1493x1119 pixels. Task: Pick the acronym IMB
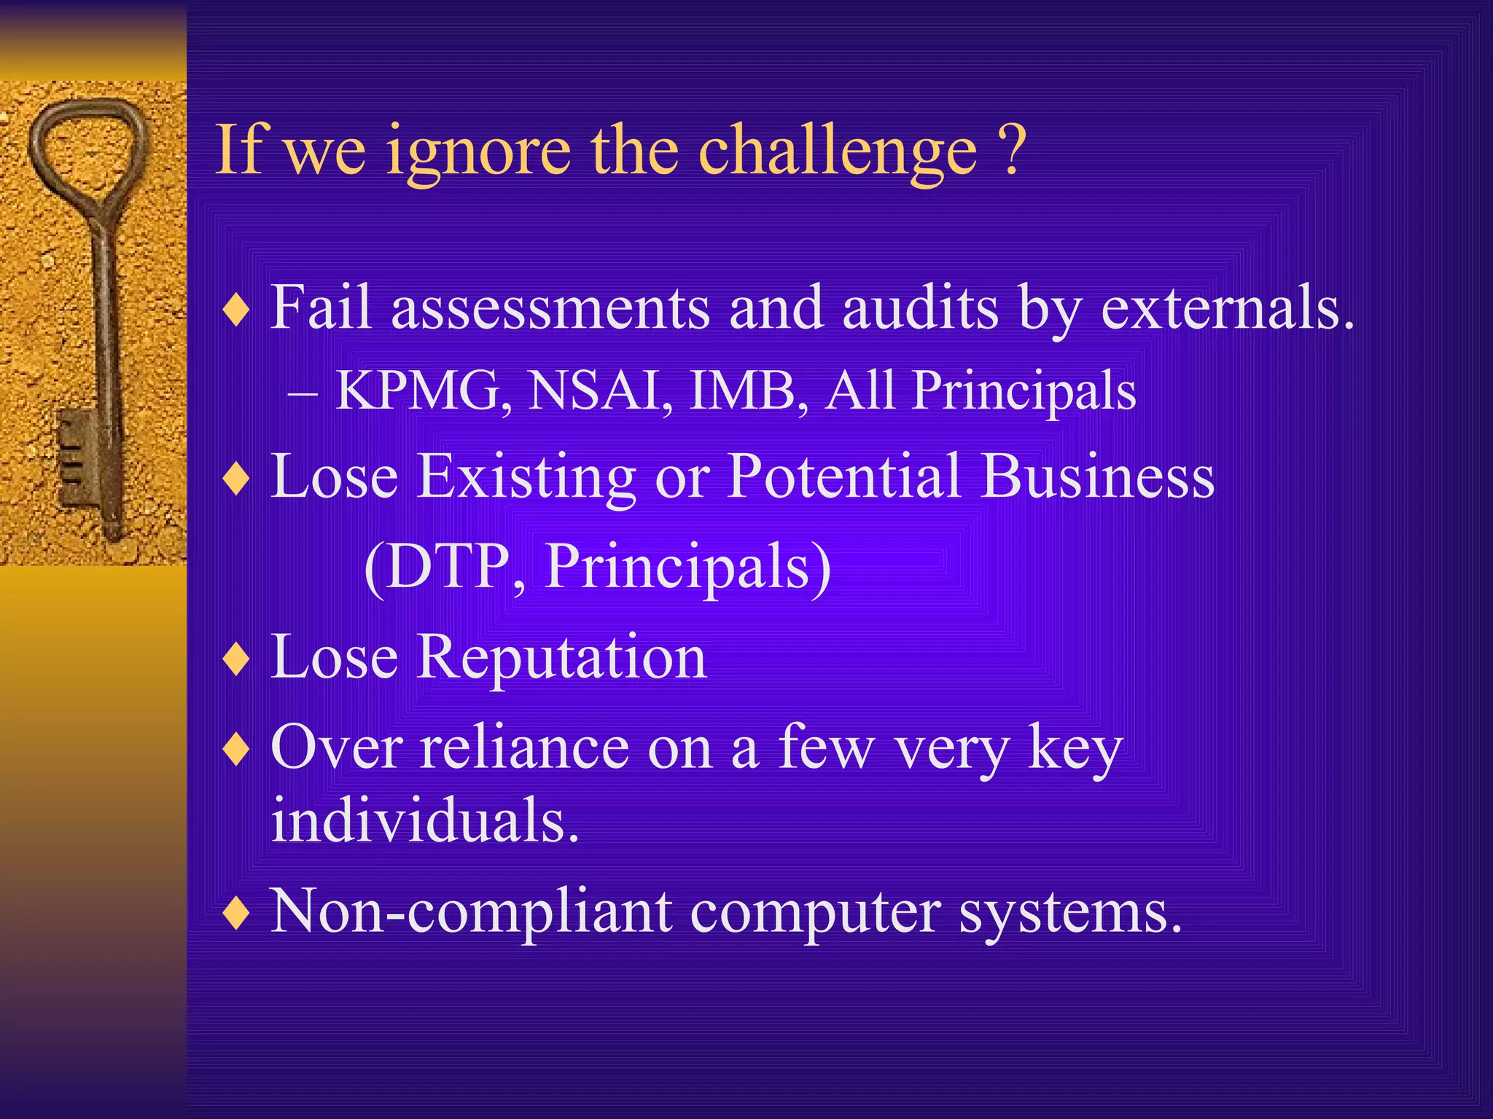tap(748, 390)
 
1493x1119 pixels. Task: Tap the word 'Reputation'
tap(562, 657)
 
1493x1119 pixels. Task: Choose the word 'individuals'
tap(424, 820)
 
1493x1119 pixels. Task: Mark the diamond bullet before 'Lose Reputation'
tap(237, 660)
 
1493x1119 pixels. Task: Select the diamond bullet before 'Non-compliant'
tap(237, 914)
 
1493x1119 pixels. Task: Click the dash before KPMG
tap(303, 394)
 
